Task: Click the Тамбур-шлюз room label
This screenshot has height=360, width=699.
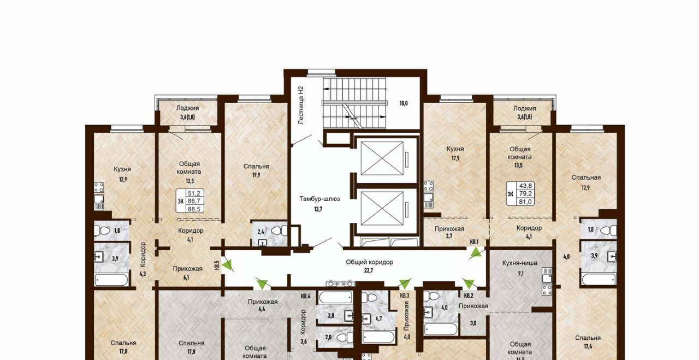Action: pos(319,199)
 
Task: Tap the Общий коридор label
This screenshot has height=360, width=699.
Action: pos(370,262)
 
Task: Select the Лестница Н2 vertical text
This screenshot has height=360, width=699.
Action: pos(301,105)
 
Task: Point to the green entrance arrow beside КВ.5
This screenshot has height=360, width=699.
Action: pos(228,264)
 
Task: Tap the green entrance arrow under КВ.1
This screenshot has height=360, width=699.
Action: pos(475,252)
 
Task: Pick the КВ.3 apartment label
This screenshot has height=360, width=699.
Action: pos(405,296)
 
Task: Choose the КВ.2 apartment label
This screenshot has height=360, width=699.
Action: pos(469,296)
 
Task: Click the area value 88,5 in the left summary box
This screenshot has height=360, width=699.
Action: pos(194,209)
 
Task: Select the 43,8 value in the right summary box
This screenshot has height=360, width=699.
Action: pos(525,186)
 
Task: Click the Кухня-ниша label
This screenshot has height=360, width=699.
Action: pos(520,263)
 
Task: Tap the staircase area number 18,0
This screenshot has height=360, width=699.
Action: pos(404,103)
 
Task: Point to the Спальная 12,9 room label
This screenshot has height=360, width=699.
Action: pos(586,182)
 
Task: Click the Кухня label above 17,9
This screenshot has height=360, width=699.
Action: pos(455,149)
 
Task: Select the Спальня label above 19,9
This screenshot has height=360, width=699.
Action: pos(256,167)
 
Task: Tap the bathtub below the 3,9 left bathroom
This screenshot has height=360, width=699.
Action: pos(111,280)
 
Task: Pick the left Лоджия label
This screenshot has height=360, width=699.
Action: pos(187,108)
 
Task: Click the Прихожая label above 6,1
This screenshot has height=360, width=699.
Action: pos(187,269)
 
